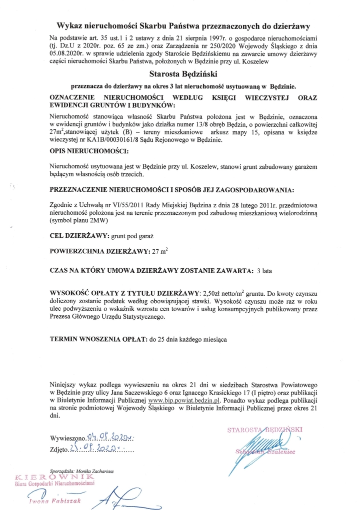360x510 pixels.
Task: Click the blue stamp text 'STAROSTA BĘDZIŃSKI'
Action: [x=265, y=430]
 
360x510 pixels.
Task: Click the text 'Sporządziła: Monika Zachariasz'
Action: [x=86, y=470]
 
